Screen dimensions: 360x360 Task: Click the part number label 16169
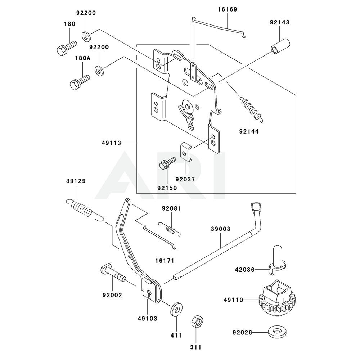pyautogui.click(x=227, y=9)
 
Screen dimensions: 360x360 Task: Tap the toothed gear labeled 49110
pyautogui.click(x=276, y=299)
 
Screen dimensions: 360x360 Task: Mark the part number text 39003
pyautogui.click(x=220, y=229)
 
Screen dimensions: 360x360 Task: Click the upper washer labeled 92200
pyautogui.click(x=86, y=36)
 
